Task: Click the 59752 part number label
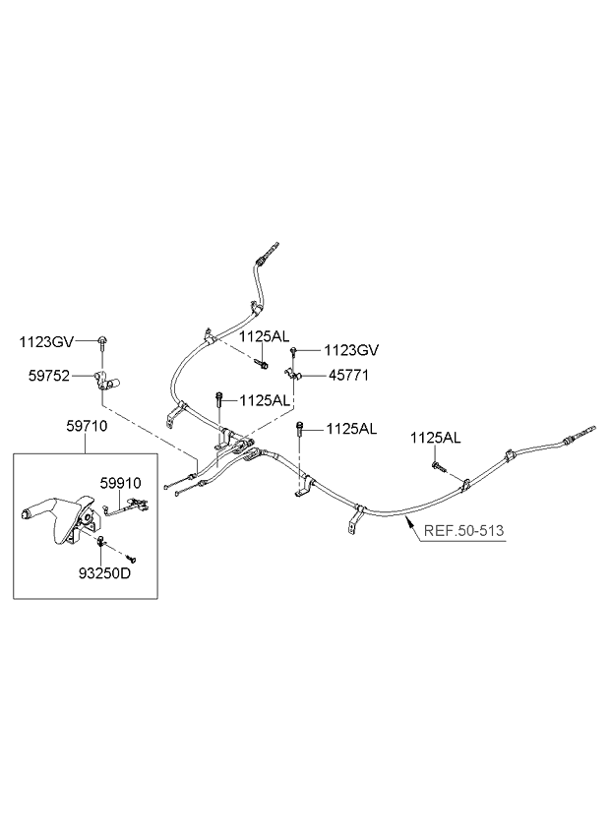[x=49, y=376]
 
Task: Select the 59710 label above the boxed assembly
[x=87, y=426]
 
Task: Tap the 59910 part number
[x=121, y=483]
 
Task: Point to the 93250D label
[x=104, y=574]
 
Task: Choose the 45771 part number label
[x=348, y=376]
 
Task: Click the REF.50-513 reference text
[x=463, y=530]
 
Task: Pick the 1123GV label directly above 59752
[x=47, y=342]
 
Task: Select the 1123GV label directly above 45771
[x=351, y=350]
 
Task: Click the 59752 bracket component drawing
[x=106, y=381]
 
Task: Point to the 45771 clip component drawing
[x=293, y=375]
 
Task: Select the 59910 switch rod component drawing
[x=126, y=506]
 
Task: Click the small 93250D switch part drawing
[x=101, y=542]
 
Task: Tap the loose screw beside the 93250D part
[x=131, y=558]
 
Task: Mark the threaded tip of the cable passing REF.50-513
[x=590, y=431]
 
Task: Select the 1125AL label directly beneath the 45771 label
[x=265, y=400]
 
